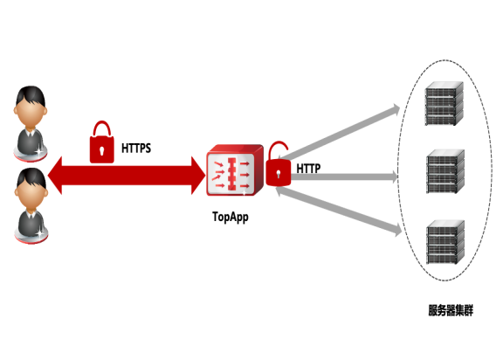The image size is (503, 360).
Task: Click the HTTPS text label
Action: (136, 149)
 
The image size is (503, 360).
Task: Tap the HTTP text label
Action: (308, 169)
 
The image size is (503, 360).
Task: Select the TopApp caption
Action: (231, 218)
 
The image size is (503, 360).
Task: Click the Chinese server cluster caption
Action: (451, 310)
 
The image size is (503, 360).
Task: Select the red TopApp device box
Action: (235, 170)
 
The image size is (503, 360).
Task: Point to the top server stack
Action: (444, 103)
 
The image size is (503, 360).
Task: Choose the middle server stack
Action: (445, 171)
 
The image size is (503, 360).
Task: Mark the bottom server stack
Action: (445, 242)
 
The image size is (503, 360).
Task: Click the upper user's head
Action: (31, 107)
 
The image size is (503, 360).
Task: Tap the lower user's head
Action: (31, 190)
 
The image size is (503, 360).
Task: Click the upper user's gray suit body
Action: (31, 142)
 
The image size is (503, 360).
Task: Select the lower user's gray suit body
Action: (31, 224)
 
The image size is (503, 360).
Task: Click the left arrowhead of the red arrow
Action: (54, 176)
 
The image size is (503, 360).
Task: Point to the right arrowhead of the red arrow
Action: (198, 176)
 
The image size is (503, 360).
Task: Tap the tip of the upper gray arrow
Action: (400, 108)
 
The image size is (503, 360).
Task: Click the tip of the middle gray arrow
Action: (398, 177)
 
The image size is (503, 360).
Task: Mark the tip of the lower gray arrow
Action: (402, 232)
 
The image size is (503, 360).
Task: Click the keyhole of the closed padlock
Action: (102, 150)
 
